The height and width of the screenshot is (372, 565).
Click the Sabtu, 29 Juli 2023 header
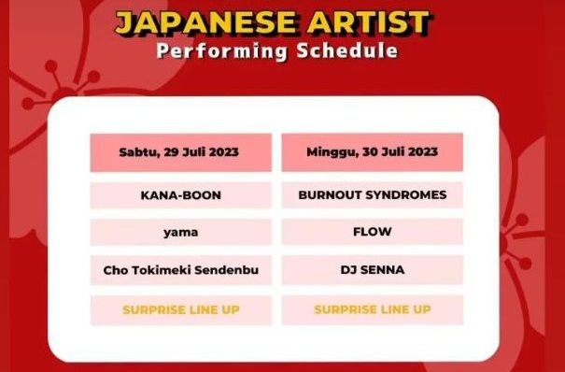(180, 151)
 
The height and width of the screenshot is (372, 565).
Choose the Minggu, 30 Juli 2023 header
(372, 151)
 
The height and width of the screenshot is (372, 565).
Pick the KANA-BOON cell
(180, 195)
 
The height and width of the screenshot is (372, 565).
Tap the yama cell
(180, 232)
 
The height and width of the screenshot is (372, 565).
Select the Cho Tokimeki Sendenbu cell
(180, 270)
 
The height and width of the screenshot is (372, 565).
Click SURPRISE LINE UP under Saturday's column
(180, 309)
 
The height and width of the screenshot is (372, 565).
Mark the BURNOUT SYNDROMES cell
(372, 195)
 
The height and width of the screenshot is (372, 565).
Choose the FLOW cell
(372, 232)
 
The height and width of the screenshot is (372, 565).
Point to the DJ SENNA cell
(372, 270)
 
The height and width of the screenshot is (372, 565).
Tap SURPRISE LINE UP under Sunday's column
(372, 309)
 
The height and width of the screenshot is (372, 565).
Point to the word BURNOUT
(327, 195)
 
